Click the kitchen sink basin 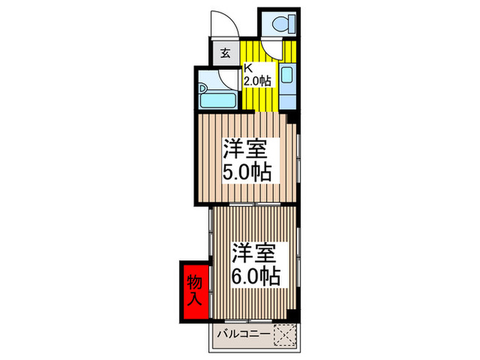coord(287,75)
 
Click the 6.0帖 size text coord(255,277)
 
